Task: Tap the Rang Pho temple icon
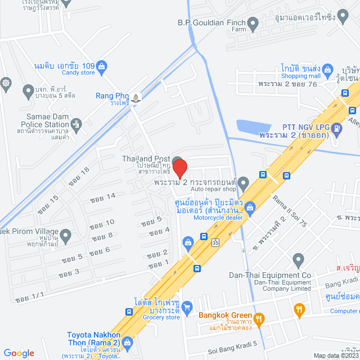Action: point(137,96)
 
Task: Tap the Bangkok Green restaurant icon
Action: point(259,320)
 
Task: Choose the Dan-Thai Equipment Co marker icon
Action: point(298,259)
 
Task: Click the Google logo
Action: point(19,353)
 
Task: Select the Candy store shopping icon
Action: point(102,66)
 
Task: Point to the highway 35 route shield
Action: point(215,243)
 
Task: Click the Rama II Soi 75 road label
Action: point(289,211)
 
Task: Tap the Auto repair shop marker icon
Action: point(243,183)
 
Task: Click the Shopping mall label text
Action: point(300,76)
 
